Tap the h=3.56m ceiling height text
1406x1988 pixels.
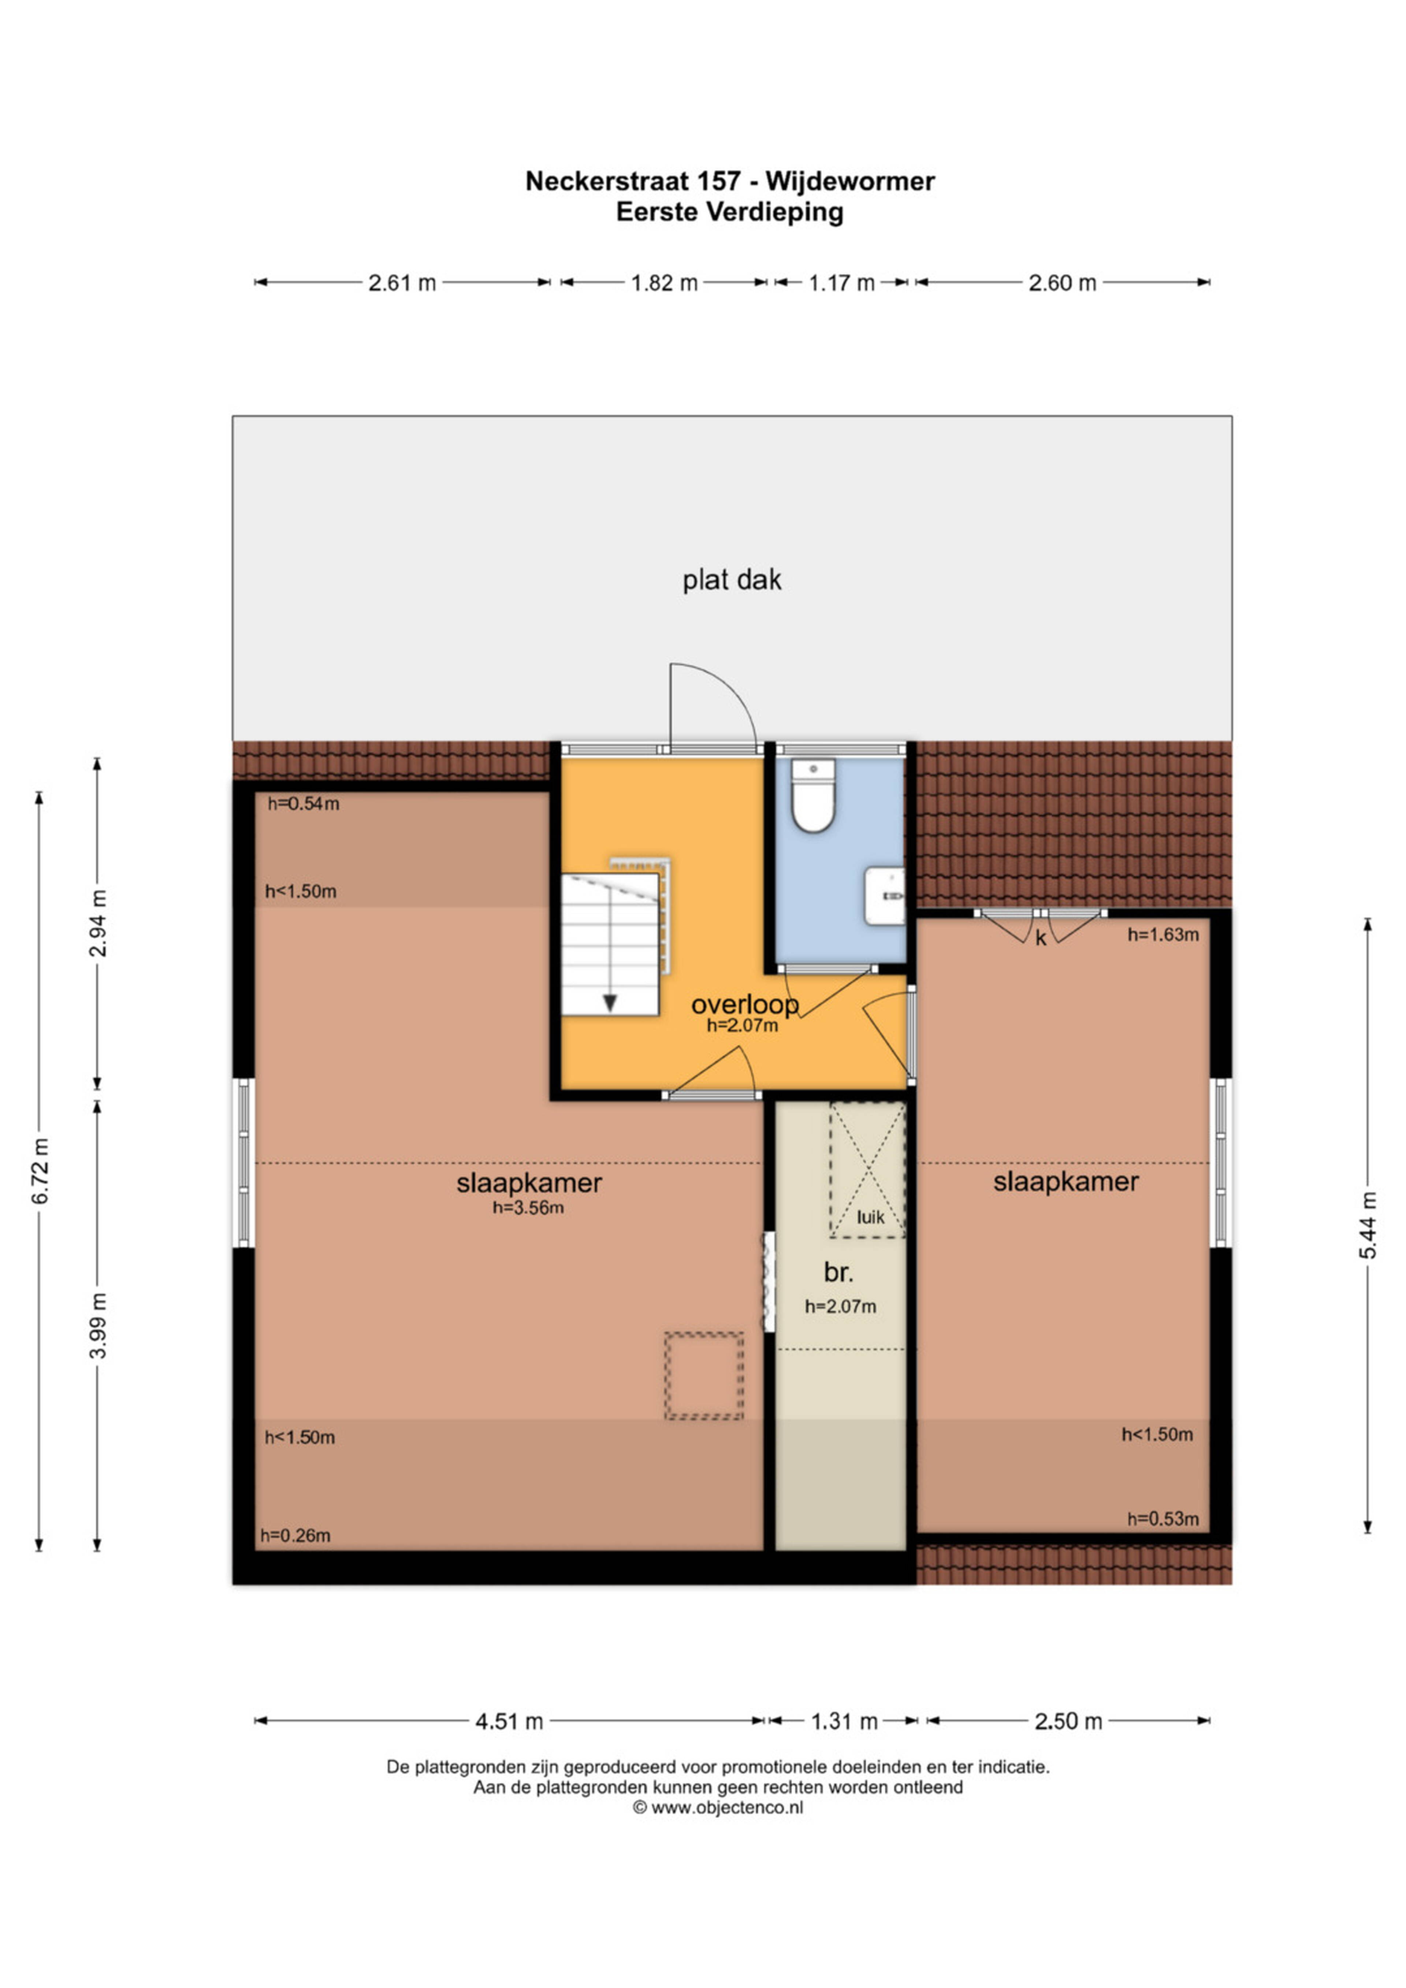528,1208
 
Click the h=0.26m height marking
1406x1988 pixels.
295,1535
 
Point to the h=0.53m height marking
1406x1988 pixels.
1163,1519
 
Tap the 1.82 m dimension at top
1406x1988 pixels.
664,283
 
